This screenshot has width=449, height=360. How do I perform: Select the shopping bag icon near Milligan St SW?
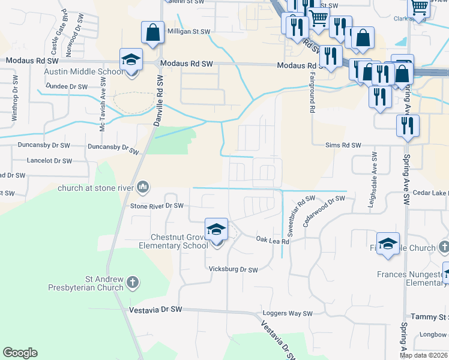[x=152, y=33]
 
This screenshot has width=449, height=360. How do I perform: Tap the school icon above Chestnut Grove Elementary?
[x=216, y=230]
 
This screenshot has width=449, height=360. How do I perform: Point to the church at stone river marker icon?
[x=143, y=188]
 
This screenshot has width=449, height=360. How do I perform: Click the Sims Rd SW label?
[x=343, y=145]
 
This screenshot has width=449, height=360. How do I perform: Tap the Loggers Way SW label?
[x=288, y=314]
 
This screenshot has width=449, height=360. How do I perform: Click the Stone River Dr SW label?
[x=157, y=206]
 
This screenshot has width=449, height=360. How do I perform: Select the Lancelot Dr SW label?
[x=50, y=161]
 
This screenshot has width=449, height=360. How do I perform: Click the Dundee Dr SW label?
[x=67, y=86]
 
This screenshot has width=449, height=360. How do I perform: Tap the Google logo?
[x=20, y=353]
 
